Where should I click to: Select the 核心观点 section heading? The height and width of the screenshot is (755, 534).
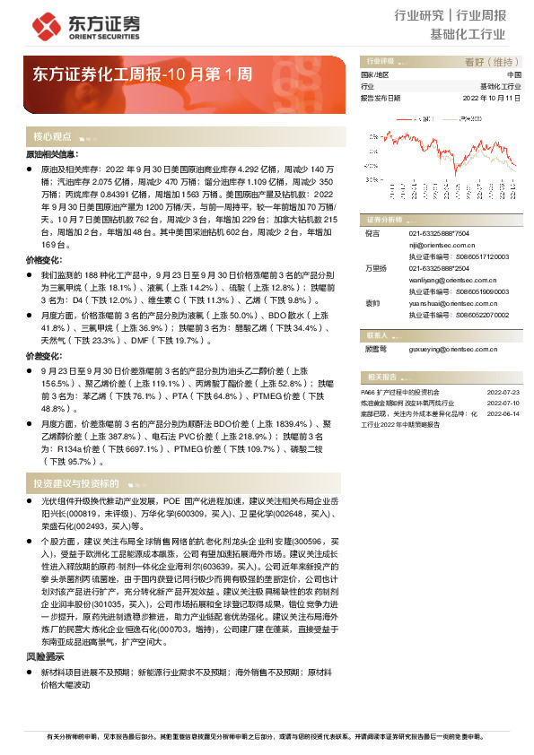click(x=53, y=137)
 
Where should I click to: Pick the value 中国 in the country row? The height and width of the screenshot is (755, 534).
click(x=513, y=74)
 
